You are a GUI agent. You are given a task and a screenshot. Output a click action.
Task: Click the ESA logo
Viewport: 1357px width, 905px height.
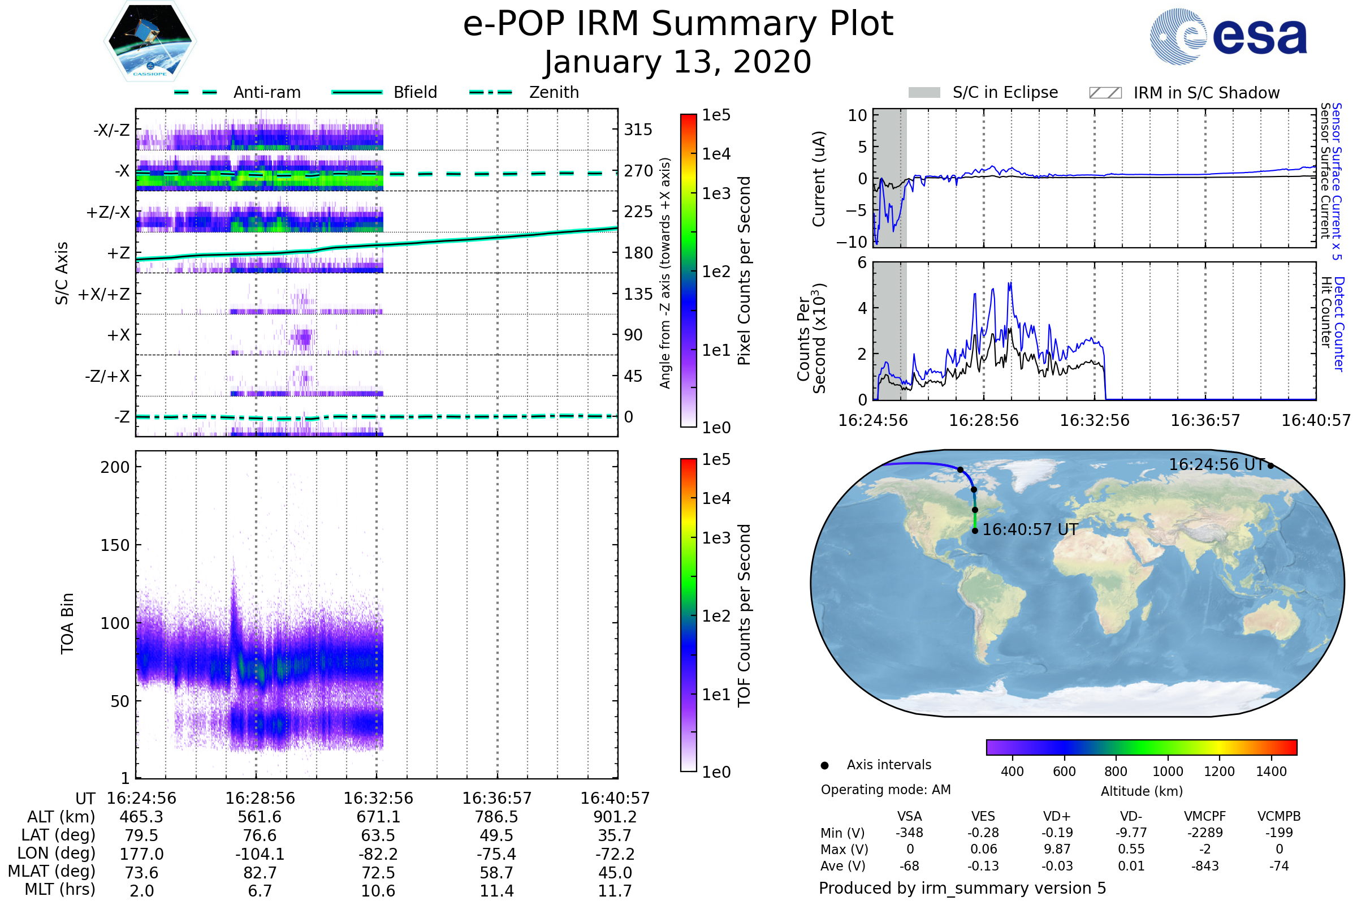pyautogui.click(x=1229, y=37)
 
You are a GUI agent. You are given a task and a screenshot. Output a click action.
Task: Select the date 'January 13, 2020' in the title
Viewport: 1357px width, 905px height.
pyautogui.click(x=678, y=62)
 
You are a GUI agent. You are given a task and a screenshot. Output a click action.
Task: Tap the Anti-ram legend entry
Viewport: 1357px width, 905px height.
pyautogui.click(x=266, y=92)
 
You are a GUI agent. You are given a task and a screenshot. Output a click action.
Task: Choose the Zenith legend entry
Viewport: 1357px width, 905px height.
pyautogui.click(x=554, y=92)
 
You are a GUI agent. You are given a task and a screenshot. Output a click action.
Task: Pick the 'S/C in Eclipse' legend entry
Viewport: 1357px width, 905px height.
pyautogui.click(x=1005, y=92)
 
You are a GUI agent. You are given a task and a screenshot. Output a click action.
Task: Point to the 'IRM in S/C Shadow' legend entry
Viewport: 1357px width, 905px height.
pyautogui.click(x=1206, y=93)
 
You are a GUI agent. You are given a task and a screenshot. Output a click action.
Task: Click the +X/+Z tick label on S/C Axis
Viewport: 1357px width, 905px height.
pyautogui.click(x=104, y=294)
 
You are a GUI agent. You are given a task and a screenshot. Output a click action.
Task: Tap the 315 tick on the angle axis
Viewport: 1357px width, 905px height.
pyautogui.click(x=638, y=130)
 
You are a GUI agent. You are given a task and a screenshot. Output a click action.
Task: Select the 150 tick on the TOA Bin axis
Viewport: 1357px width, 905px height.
pyautogui.click(x=115, y=545)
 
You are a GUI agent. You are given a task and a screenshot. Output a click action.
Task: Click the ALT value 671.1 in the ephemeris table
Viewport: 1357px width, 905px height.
pyautogui.click(x=378, y=817)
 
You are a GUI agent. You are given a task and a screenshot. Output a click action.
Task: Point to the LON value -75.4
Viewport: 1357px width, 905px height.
pyautogui.click(x=496, y=854)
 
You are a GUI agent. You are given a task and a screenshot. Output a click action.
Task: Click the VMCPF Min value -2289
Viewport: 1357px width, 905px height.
pyautogui.click(x=1205, y=833)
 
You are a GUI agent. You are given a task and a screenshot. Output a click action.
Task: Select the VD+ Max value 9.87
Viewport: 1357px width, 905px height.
pyautogui.click(x=1057, y=849)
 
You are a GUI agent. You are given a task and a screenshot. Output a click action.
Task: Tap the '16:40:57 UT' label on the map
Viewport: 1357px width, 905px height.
pyautogui.click(x=1030, y=530)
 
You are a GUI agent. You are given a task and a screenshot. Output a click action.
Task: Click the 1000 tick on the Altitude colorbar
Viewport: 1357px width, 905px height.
pyautogui.click(x=1167, y=772)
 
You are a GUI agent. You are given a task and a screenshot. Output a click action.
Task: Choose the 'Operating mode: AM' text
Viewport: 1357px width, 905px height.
pyautogui.click(x=885, y=790)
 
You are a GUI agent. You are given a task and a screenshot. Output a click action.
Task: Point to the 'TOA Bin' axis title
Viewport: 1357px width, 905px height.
pyautogui.click(x=67, y=623)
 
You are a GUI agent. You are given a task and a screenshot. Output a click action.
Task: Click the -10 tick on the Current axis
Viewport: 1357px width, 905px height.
pyautogui.click(x=852, y=242)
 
